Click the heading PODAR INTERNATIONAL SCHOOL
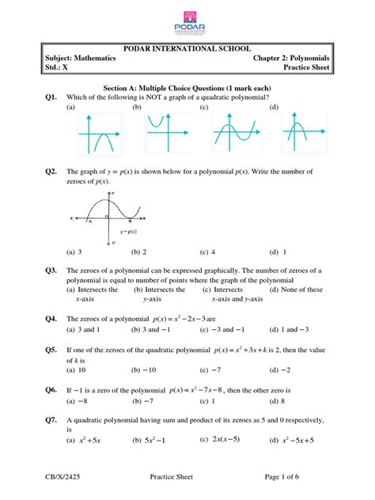187,49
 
